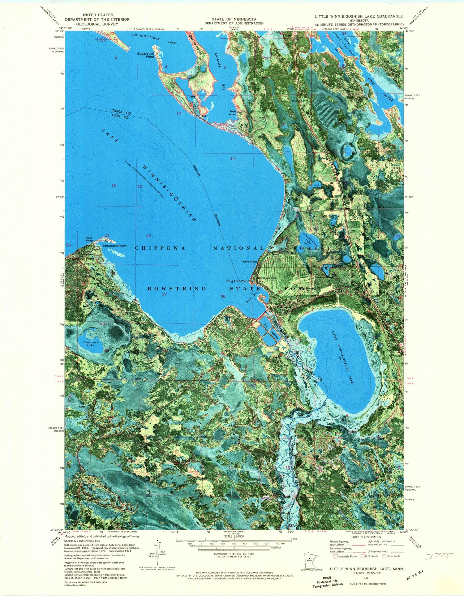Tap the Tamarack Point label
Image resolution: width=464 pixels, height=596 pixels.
pyautogui.click(x=114, y=246)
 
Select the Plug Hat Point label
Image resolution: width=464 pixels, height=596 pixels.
pyautogui.click(x=238, y=281)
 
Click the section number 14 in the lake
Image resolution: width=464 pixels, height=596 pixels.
pyautogui.click(x=232, y=159)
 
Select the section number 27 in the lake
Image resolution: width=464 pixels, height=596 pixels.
pyautogui.click(x=165, y=294)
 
